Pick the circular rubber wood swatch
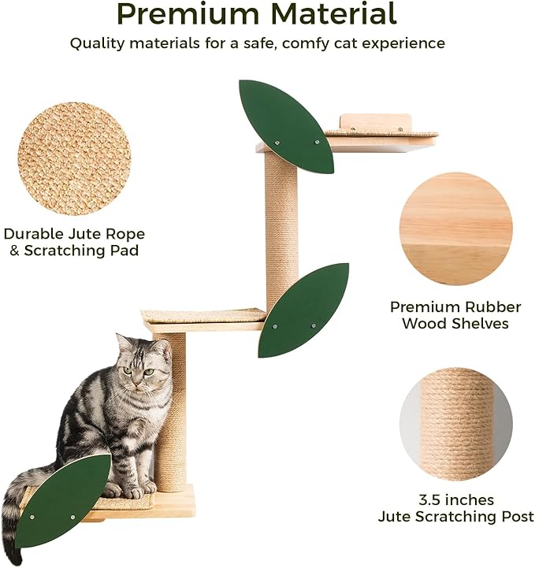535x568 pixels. click(455, 229)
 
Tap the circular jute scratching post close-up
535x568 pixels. click(455, 425)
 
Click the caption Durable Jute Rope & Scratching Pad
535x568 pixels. click(74, 242)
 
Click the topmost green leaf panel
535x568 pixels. click(285, 126)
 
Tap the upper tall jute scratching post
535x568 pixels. click(281, 228)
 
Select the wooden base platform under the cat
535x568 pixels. click(169, 504)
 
